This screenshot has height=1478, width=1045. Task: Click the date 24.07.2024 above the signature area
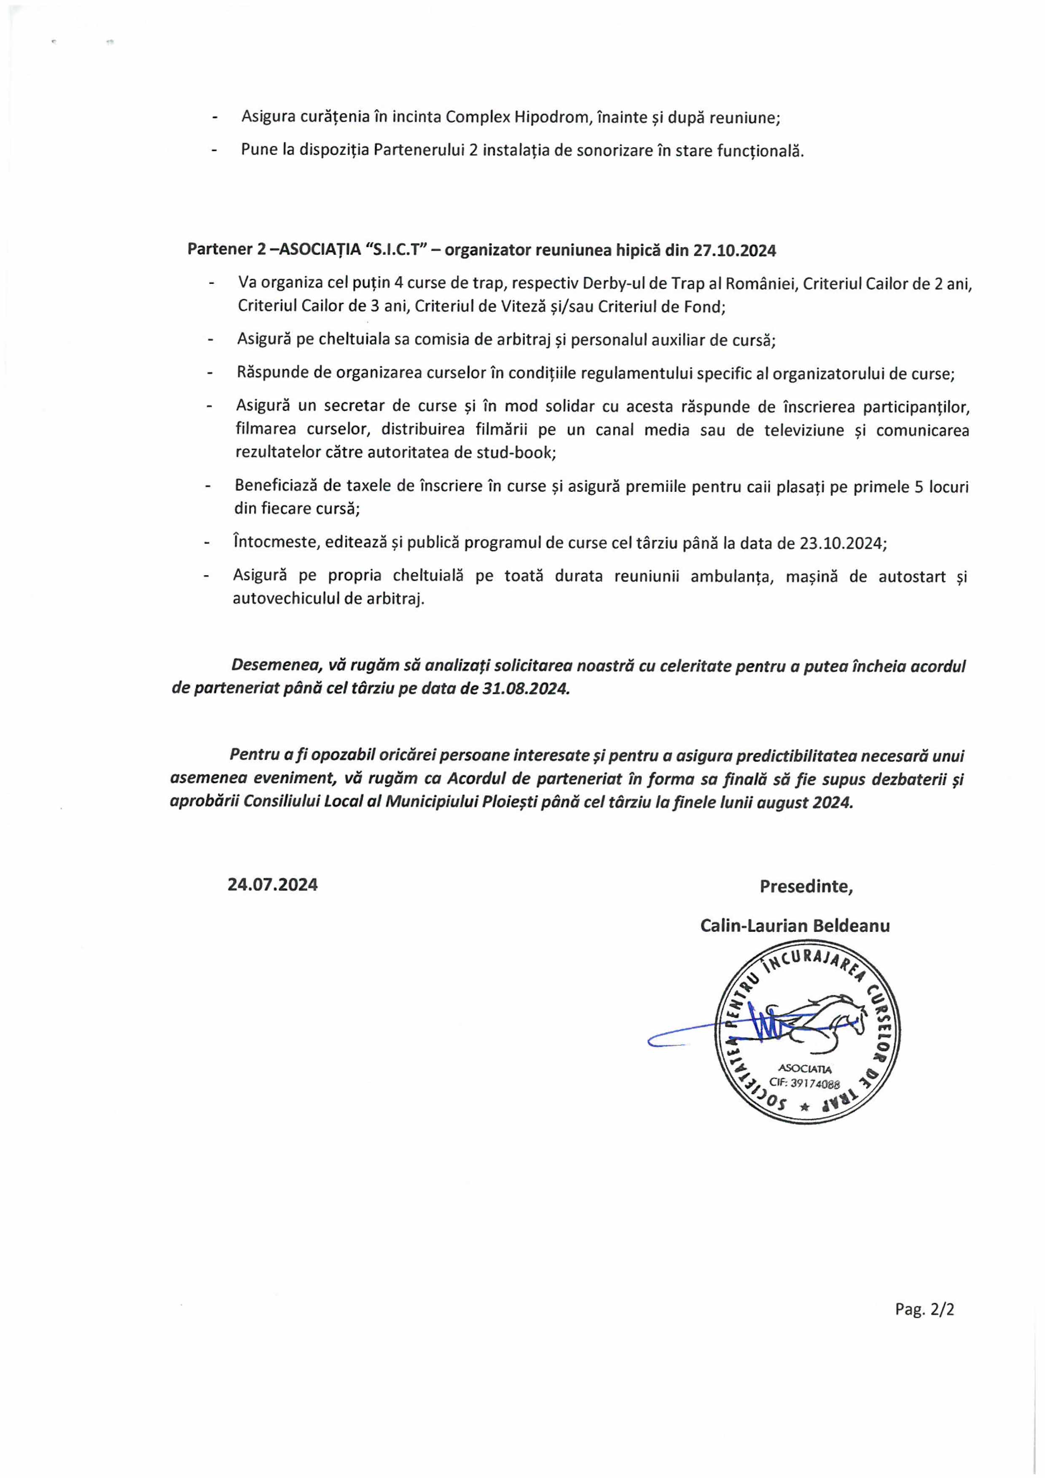(272, 885)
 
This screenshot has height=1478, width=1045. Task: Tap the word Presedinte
(806, 886)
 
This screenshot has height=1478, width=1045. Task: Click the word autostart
(913, 576)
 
